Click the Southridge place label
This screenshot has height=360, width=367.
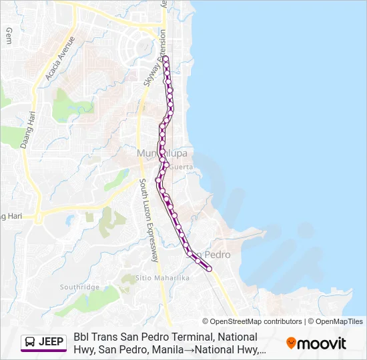(79, 287)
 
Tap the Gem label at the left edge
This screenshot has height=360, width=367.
(9, 35)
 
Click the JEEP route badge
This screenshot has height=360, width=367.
(44, 342)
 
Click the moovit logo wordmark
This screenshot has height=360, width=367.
(322, 343)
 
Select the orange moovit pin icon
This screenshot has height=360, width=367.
(291, 343)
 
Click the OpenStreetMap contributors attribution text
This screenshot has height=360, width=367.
(252, 321)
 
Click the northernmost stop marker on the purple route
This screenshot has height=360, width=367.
(165, 59)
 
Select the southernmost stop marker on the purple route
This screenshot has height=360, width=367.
(210, 269)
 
